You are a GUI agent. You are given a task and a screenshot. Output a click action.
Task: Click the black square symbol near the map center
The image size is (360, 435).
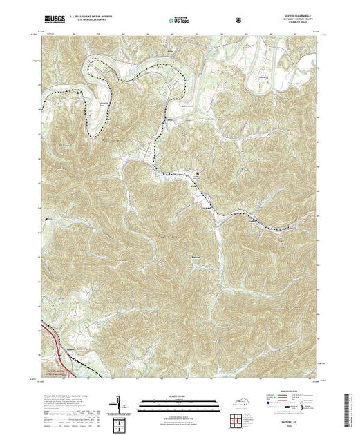click(x=199, y=174)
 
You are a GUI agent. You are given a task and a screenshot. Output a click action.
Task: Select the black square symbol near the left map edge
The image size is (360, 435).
click(x=46, y=219)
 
